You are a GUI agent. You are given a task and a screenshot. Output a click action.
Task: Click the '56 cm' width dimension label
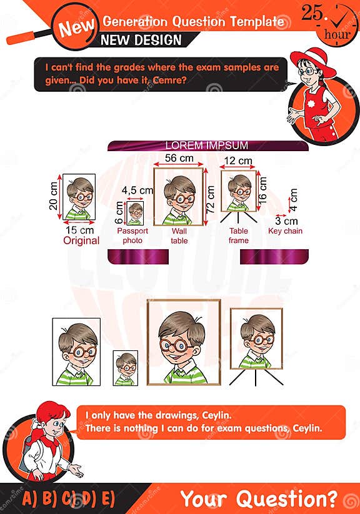pos(179,159)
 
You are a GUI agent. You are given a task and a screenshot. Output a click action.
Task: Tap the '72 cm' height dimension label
pos(211,199)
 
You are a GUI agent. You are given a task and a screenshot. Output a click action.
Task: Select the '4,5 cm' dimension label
pos(137,190)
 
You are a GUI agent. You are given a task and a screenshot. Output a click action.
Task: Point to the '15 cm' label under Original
pos(80,230)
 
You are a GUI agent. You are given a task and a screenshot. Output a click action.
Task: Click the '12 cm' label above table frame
pos(238,161)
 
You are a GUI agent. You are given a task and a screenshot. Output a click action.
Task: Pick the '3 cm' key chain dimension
pos(286,220)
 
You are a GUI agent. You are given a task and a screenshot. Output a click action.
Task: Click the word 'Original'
pos(81,240)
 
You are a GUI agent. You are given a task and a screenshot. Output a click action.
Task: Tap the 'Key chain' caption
pos(285,231)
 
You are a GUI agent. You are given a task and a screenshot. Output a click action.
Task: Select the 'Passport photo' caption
pos(132,235)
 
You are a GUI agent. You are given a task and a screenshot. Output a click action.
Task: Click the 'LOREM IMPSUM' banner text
pos(207,146)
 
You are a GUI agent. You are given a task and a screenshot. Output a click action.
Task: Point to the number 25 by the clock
pos(312,12)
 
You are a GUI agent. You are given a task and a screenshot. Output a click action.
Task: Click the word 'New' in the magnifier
pos(77,27)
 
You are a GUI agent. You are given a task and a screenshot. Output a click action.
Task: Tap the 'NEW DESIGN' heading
pos(141,40)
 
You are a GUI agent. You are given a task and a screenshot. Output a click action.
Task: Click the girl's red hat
pos(312,61)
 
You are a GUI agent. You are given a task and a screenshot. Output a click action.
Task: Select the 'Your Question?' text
pos(259,498)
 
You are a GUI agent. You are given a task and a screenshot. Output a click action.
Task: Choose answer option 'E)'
pos(108,499)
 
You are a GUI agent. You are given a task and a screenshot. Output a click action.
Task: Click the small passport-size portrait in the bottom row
pos(126,368)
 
